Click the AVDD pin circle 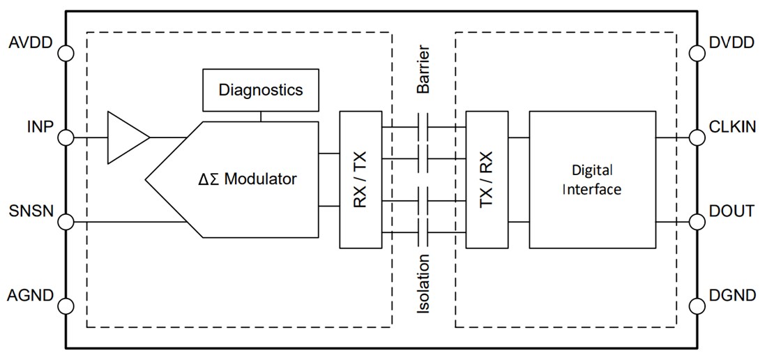coord(66,53)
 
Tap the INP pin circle coord(66,137)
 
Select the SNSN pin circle coord(66,223)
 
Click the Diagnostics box coord(261,90)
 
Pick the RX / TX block coord(360,179)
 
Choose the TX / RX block coord(487,179)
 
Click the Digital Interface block coord(592,179)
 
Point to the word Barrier coord(423,70)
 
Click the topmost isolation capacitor coord(423,127)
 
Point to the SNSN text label coord(32,211)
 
